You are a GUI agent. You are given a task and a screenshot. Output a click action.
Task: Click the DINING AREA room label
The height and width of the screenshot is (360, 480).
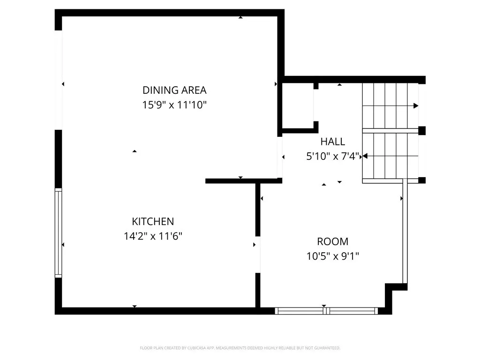(174, 90)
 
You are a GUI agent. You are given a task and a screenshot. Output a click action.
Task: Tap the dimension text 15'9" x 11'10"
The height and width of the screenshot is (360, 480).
(174, 105)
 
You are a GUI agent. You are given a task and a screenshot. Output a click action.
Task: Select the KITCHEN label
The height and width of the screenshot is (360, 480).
(153, 221)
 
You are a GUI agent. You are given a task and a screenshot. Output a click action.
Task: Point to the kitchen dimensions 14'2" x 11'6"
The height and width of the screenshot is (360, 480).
(153, 236)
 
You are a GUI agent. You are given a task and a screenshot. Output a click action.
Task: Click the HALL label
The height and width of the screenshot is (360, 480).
(333, 142)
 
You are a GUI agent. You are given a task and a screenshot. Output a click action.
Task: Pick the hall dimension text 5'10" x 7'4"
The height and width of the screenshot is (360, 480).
(333, 156)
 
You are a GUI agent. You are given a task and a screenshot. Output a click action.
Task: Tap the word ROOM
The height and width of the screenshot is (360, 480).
(333, 241)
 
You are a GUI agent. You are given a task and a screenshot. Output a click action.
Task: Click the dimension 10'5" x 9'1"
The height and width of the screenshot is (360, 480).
(333, 256)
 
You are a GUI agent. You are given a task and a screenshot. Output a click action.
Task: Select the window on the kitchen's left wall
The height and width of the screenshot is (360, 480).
(58, 233)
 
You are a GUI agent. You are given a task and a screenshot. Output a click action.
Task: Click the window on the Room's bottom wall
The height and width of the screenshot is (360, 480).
(326, 311)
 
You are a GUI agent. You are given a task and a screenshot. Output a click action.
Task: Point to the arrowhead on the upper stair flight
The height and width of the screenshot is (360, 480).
(416, 105)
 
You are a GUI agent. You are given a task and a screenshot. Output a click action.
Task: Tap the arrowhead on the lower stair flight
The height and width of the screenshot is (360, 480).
(365, 156)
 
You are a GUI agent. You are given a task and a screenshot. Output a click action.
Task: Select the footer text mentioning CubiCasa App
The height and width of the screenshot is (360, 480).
(240, 348)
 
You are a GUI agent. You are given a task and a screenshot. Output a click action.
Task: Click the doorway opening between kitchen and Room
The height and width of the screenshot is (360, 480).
(258, 255)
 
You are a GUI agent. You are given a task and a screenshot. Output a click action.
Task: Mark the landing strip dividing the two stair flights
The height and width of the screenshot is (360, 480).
(390, 131)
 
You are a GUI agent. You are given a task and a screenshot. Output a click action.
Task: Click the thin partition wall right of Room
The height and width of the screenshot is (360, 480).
(405, 231)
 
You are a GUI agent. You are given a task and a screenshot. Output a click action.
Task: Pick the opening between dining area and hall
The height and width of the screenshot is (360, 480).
(280, 157)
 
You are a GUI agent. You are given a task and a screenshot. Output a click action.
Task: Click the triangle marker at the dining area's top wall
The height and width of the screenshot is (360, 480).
(240, 17)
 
